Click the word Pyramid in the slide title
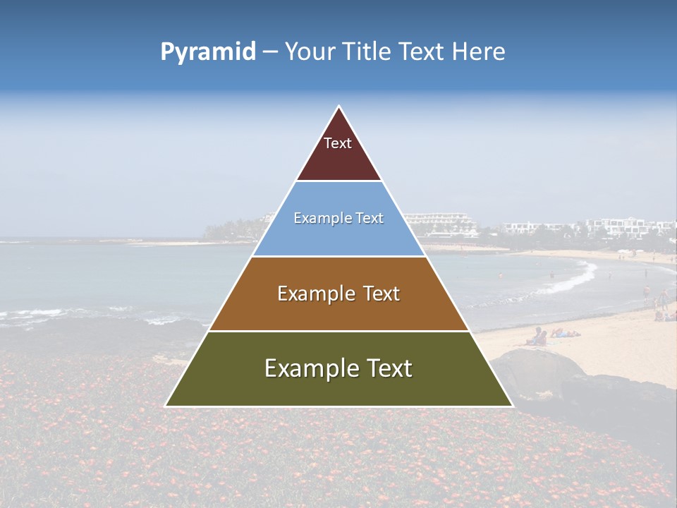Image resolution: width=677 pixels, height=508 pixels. click(208, 52)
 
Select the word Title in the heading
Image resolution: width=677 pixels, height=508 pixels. click(367, 52)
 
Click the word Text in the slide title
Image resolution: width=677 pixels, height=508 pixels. click(422, 52)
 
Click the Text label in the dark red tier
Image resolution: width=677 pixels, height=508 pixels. click(338, 143)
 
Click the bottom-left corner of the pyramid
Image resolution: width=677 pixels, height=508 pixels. click(166, 405)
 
